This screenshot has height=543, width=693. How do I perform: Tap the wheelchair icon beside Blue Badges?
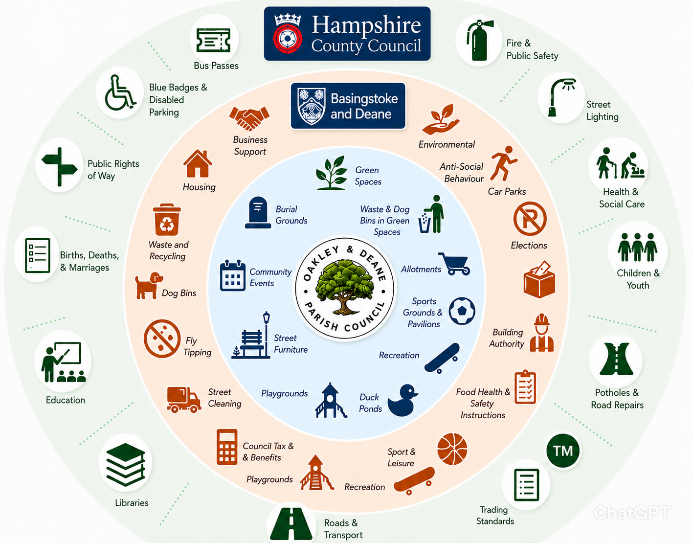coord(120,93)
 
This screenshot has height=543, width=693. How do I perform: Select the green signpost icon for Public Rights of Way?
coord(59,166)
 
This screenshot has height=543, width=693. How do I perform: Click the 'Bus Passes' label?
coord(216,66)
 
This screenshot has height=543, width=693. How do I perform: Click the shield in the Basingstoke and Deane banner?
coord(311,106)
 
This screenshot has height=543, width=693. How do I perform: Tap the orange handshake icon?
coord(249,118)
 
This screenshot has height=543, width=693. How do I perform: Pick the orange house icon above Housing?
coord(198,163)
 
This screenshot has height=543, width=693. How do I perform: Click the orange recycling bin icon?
coord(166,219)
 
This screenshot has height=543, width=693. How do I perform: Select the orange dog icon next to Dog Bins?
coord(149,285)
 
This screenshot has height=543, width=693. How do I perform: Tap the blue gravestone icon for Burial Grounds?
coord(258,212)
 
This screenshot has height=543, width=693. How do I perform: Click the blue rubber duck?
coord(402,400)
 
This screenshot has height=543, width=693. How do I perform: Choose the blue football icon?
coord(462,311)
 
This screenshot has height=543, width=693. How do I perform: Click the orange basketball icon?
coord(452,449)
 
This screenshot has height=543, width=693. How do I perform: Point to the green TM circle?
coord(563,451)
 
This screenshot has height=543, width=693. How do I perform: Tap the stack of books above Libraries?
coord(125,464)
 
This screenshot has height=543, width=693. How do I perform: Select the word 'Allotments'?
coord(421,270)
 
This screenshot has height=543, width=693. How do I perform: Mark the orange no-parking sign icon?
coord(530,219)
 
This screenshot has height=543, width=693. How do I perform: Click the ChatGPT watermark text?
coord(631,513)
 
